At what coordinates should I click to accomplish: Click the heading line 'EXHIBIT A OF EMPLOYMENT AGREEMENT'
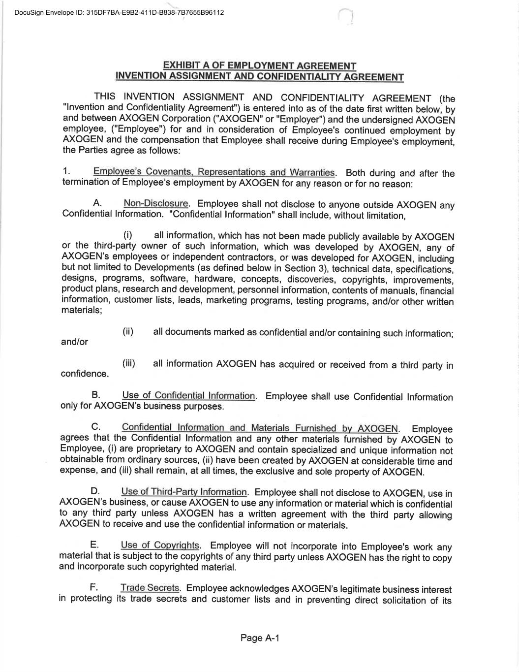point(259,65)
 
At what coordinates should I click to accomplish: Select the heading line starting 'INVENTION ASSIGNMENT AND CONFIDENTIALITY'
point(259,76)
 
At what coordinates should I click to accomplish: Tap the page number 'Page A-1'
point(260,638)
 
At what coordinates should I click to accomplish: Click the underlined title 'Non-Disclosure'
point(156,203)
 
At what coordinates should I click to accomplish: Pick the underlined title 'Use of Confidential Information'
point(188,395)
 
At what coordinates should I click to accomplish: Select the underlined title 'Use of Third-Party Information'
point(184,491)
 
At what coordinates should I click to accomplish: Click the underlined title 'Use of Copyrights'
point(160,545)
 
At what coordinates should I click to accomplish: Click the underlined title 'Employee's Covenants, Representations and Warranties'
point(214,172)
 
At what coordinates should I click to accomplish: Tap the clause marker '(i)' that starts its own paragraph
point(127,235)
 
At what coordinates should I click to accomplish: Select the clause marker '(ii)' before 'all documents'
point(128,331)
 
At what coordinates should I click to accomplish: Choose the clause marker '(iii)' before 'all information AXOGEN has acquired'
point(128,363)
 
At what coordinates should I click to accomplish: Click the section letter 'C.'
point(96,426)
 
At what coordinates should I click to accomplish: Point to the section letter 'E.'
point(95,544)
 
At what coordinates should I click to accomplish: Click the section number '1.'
point(67,171)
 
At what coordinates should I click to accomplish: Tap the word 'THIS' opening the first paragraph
point(105,96)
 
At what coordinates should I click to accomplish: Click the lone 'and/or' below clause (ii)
point(74,342)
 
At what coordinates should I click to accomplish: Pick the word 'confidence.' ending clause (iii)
point(84,374)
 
